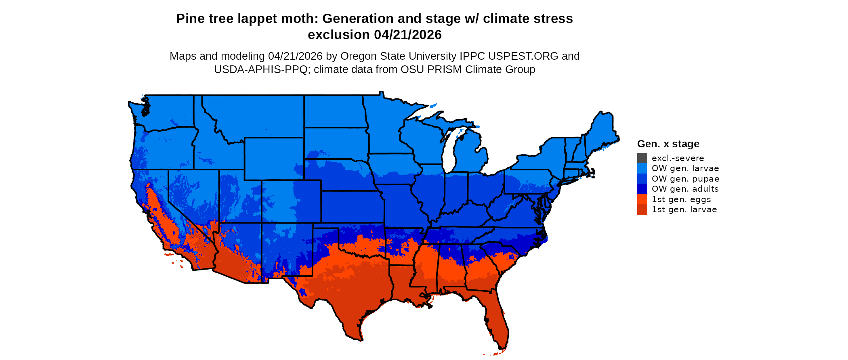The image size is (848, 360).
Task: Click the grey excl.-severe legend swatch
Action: click(x=642, y=158)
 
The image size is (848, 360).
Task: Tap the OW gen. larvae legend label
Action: click(x=685, y=168)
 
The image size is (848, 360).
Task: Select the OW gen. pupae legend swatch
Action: click(x=642, y=179)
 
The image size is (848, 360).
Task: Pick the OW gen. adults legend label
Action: click(x=685, y=189)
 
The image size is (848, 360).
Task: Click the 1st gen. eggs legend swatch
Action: click(x=642, y=199)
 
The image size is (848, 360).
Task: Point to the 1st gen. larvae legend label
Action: click(x=684, y=209)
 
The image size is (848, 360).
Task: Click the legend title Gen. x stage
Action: click(x=668, y=144)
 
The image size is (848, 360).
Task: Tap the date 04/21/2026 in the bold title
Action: click(x=408, y=35)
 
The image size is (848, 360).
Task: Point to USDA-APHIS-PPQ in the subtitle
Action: click(x=261, y=69)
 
